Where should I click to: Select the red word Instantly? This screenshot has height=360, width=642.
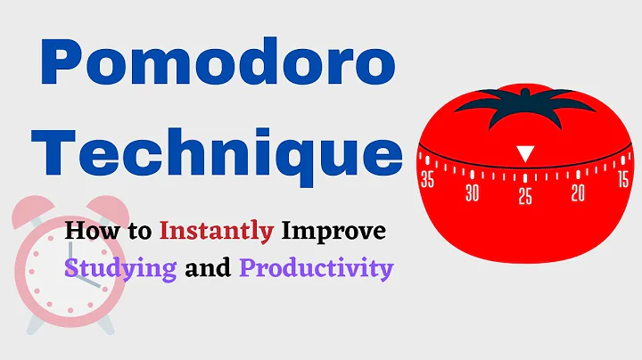pyautogui.click(x=216, y=232)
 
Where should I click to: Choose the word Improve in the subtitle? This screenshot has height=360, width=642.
pyautogui.click(x=333, y=232)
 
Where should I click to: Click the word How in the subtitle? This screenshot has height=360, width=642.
pyautogui.click(x=86, y=232)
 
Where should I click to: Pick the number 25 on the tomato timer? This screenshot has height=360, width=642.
pyautogui.click(x=526, y=196)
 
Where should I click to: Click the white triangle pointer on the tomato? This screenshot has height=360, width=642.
pyautogui.click(x=526, y=154)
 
